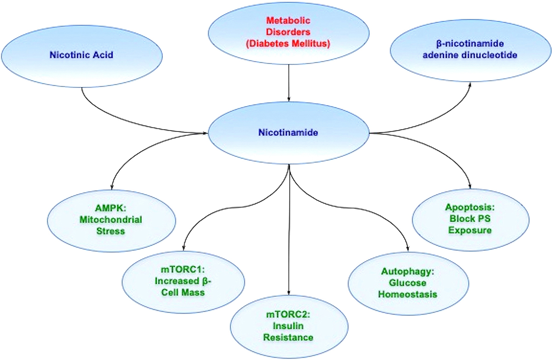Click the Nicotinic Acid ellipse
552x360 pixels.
[82, 56]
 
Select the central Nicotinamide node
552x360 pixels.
[288, 133]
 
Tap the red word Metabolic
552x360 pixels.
[288, 20]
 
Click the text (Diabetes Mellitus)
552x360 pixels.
[288, 44]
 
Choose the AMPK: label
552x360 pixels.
[110, 208]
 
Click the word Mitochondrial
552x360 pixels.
[111, 220]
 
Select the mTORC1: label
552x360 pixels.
[183, 269]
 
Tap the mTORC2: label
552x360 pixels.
[288, 314]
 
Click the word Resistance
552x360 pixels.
[288, 337]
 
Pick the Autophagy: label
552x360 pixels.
[408, 271]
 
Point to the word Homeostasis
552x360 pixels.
[408, 294]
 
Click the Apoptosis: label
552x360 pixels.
[470, 207]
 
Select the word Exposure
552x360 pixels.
[470, 230]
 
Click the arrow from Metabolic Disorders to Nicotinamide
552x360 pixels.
[289, 83]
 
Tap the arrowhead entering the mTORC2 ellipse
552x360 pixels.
[289, 293]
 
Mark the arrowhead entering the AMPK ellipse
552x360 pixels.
[112, 187]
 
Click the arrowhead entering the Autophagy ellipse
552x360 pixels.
[408, 249]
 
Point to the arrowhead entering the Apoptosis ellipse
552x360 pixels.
[470, 186]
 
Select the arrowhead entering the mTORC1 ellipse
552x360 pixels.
[184, 248]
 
